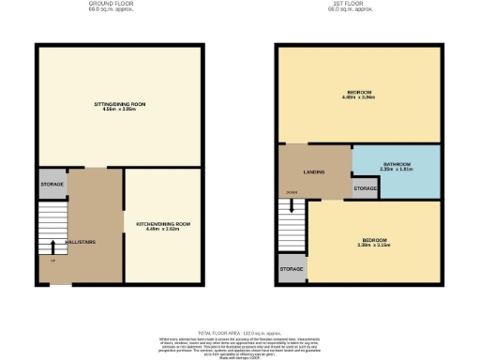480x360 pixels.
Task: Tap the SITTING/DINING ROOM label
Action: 119,103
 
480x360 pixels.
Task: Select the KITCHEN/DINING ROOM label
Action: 163,223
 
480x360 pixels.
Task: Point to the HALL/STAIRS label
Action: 81,242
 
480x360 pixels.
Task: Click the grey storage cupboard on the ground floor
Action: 52,184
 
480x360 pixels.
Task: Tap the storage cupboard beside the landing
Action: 365,188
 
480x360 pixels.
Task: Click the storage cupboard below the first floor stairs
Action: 292,269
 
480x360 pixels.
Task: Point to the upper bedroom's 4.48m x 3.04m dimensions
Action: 358,97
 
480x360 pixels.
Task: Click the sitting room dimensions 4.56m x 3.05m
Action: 119,109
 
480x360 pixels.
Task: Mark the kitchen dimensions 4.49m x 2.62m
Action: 163,229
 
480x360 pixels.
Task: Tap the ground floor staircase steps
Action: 52,230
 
